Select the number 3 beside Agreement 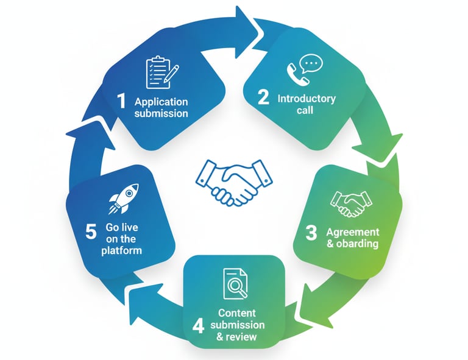coord(311,233)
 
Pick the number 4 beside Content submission coord(198,326)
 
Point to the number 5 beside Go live coord(91,232)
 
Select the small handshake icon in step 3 coord(350,203)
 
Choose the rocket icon coord(124,199)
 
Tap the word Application coord(161,102)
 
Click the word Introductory coord(306,98)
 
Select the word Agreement coord(352,232)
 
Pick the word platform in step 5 coord(121,250)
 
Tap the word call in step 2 coord(307,110)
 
